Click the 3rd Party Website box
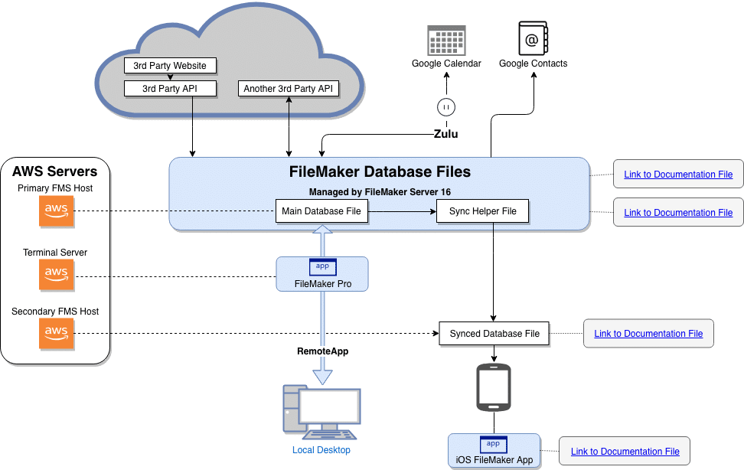pyautogui.click(x=170, y=66)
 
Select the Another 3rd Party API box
pyautogui.click(x=288, y=88)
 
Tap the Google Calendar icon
pyautogui.click(x=446, y=41)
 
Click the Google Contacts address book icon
pyautogui.click(x=533, y=38)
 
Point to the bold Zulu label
pyautogui.click(x=446, y=134)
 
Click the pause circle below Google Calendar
pyautogui.click(x=446, y=107)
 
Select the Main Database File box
pyautogui.click(x=321, y=211)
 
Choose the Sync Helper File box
pyautogui.click(x=482, y=211)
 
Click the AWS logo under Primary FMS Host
pyautogui.click(x=57, y=211)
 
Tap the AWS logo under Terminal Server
pyautogui.click(x=57, y=275)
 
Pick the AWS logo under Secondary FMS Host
pyautogui.click(x=57, y=334)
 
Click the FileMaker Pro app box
pyautogui.click(x=322, y=274)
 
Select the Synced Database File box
pyautogui.click(x=494, y=333)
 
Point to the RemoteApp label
pyautogui.click(x=323, y=351)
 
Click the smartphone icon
pyautogui.click(x=494, y=387)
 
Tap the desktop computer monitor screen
pyautogui.click(x=330, y=406)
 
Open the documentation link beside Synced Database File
pyautogui.click(x=648, y=333)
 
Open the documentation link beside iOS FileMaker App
pyautogui.click(x=625, y=451)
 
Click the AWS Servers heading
pyautogui.click(x=54, y=171)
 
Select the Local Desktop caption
pyautogui.click(x=321, y=449)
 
